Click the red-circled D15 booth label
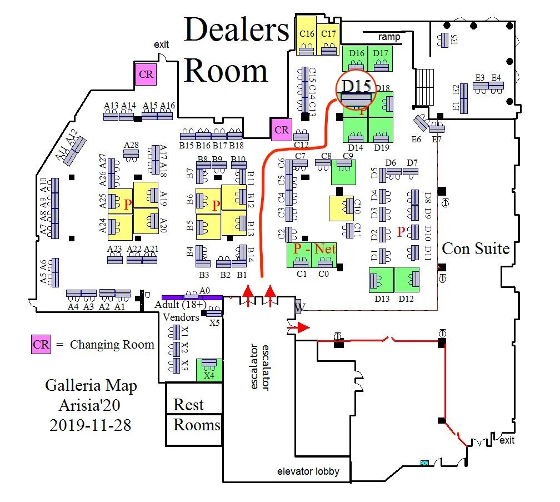[x=356, y=86]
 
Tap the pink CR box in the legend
[x=41, y=344]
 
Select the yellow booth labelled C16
[x=307, y=36]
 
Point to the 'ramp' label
[x=389, y=37]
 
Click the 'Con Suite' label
[x=476, y=248]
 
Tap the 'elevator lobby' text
[x=308, y=472]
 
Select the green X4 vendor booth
[x=209, y=370]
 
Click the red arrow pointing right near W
[x=298, y=328]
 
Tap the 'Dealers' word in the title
[x=237, y=31]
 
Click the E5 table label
[x=454, y=40]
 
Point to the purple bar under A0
[x=192, y=297]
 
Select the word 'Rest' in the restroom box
[x=188, y=404]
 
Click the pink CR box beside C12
[x=282, y=130]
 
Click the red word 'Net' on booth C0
[x=325, y=249]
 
